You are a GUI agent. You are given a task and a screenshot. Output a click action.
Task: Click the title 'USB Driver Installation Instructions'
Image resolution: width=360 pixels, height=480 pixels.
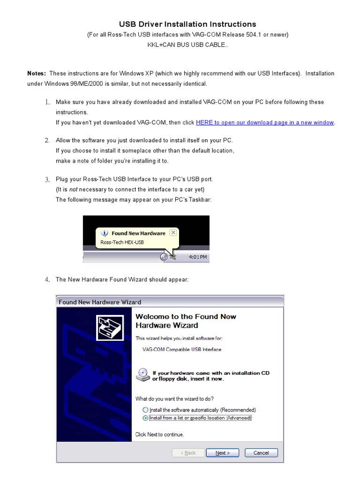187,24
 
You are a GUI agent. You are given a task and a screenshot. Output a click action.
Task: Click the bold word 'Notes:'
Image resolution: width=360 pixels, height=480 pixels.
37,74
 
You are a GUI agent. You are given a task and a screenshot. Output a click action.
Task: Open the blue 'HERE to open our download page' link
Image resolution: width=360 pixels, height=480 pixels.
265,123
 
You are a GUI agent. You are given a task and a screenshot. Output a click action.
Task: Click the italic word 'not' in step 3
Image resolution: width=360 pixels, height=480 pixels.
73,189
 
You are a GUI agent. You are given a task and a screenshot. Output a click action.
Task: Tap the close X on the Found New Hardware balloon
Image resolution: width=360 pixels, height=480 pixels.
173,232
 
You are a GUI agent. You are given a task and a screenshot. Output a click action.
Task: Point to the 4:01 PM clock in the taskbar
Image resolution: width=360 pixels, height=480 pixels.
198,257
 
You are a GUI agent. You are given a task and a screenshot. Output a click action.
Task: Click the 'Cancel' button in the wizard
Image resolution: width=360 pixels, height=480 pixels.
261,453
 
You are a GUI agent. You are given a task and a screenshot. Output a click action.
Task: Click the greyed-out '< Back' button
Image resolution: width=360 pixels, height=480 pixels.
188,453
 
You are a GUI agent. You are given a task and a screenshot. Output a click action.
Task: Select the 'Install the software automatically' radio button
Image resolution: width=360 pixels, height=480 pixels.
145,410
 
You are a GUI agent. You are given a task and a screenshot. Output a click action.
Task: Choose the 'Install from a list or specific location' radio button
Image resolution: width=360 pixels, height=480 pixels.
145,418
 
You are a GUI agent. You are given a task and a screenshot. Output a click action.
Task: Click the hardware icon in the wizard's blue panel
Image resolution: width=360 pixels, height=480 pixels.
110,327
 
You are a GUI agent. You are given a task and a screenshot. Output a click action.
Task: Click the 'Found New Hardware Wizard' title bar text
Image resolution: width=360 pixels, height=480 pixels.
100,302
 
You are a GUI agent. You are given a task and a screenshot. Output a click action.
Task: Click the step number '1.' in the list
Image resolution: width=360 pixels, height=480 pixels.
47,102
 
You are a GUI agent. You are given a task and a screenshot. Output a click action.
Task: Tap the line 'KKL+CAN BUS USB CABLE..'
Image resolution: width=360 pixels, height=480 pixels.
187,45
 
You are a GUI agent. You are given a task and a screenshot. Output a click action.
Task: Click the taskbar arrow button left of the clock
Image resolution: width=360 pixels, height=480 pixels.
164,257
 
